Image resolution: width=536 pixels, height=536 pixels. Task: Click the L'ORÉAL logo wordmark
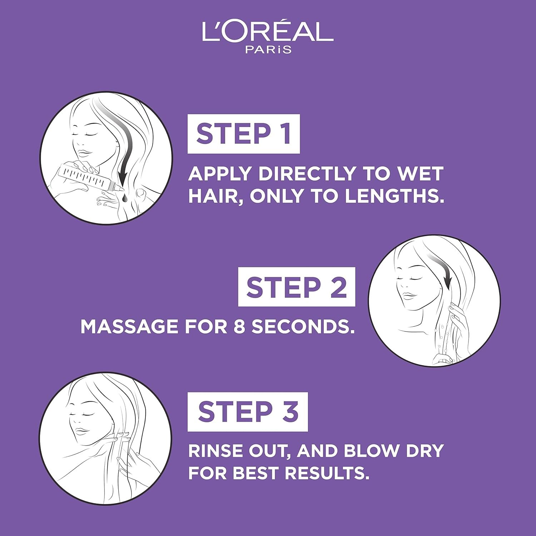tap(268, 31)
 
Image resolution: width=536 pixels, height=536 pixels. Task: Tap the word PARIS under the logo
tap(268, 50)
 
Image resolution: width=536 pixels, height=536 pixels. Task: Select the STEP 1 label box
tap(244, 134)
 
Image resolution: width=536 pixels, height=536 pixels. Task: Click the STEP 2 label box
tap(297, 287)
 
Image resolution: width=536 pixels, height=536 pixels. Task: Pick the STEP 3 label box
tap(248, 412)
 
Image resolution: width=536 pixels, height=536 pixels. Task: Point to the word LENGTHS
tap(394, 196)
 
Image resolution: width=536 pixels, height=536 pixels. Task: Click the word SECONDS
tap(303, 326)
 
